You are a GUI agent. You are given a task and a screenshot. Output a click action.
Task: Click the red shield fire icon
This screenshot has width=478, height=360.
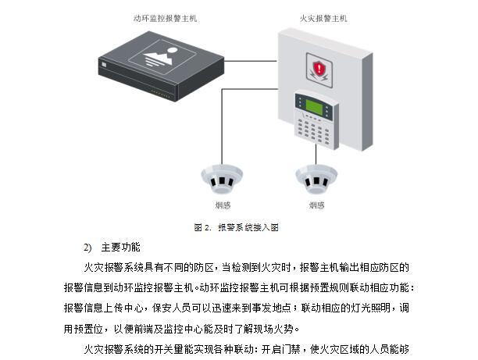318,69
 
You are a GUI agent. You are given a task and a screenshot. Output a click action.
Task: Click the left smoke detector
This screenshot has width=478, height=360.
222,179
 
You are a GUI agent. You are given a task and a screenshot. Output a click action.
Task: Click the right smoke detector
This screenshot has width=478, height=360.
316,179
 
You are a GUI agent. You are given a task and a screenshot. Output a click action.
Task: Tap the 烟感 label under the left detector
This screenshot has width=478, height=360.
223,205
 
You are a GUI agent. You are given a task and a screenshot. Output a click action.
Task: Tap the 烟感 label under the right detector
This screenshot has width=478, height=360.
316,205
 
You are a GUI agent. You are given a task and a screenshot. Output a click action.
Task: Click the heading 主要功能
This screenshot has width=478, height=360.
120,248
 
